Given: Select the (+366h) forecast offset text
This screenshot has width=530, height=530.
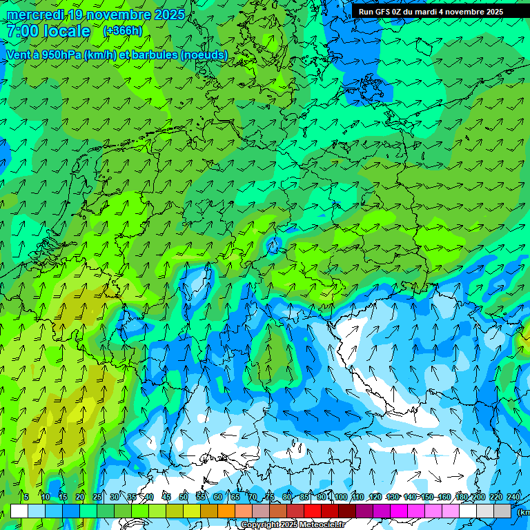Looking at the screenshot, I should pyautogui.click(x=123, y=31).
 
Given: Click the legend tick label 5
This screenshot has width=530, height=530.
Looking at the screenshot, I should pyautogui.click(x=26, y=497).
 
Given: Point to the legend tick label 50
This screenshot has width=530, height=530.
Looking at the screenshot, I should pyautogui.click(x=183, y=497).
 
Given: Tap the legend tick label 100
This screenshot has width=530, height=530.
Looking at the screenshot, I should pyautogui.click(x=340, y=497).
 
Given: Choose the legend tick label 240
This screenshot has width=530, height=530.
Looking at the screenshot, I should pyautogui.click(x=513, y=497).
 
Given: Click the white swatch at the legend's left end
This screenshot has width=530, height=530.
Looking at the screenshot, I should pyautogui.click(x=19, y=511).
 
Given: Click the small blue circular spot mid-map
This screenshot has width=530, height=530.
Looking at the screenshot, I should pyautogui.click(x=275, y=244).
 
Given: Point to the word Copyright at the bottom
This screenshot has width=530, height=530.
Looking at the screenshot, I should pyautogui.click(x=260, y=525).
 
